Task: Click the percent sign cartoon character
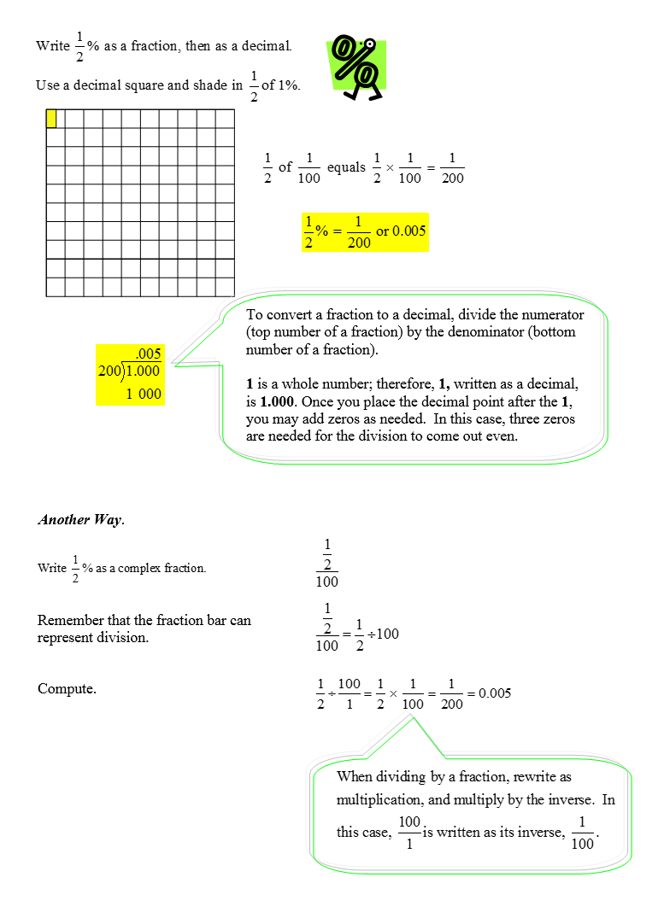[356, 68]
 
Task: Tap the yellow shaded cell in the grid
[51, 119]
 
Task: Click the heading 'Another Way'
[79, 519]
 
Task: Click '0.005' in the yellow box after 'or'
[408, 231]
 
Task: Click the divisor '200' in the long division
[110, 371]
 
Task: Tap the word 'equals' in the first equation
[346, 167]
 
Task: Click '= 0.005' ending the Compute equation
[489, 693]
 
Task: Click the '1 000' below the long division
[143, 394]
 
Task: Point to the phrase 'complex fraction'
[162, 568]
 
